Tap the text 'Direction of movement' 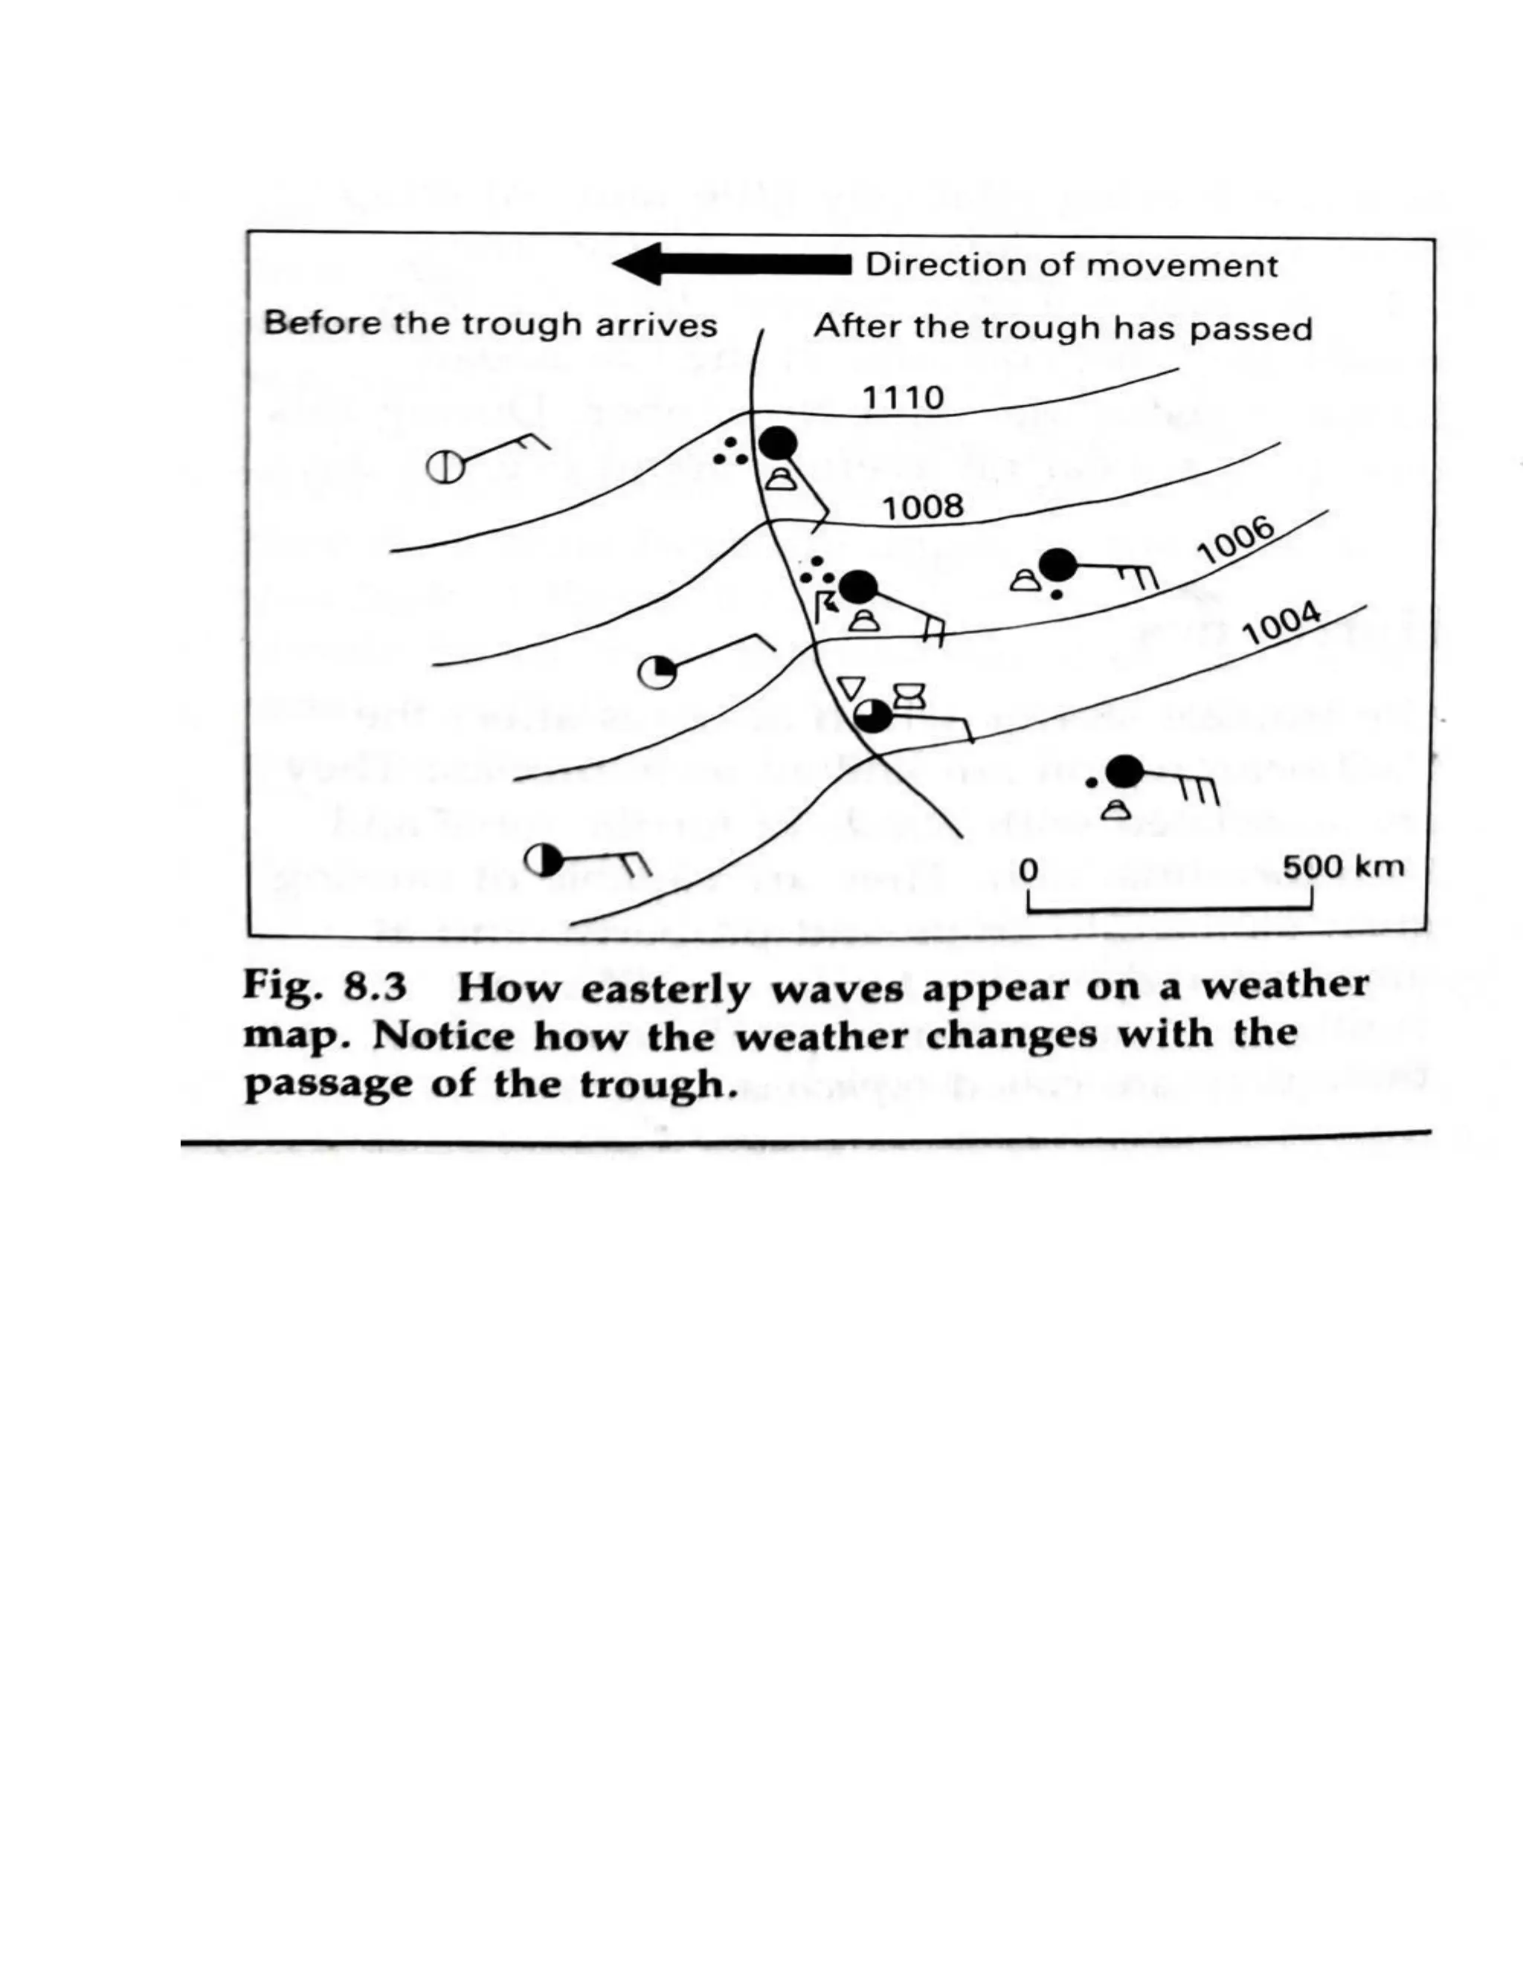pyautogui.click(x=1071, y=265)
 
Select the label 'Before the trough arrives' pyautogui.click(x=490, y=324)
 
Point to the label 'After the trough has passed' pyautogui.click(x=1063, y=327)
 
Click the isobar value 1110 pyautogui.click(x=902, y=398)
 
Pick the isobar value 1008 pyautogui.click(x=922, y=508)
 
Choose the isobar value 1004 pyautogui.click(x=1281, y=623)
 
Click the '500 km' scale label pyautogui.click(x=1342, y=867)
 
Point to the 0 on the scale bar pyautogui.click(x=1028, y=870)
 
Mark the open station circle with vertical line pyautogui.click(x=445, y=468)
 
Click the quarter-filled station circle pyautogui.click(x=656, y=673)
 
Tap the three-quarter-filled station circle pyautogui.click(x=872, y=716)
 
